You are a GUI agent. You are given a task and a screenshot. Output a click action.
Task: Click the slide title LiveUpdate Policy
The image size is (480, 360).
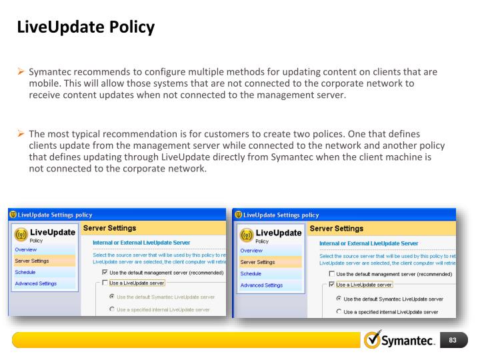[85, 27]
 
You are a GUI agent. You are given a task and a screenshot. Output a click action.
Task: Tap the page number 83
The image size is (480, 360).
[452, 341]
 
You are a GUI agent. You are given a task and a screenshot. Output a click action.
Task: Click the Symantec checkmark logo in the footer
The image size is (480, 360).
[373, 340]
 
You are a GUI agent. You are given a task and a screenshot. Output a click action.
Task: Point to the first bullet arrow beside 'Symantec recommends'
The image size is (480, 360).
[21, 72]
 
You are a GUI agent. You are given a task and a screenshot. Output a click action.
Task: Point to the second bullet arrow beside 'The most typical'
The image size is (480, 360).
[21, 134]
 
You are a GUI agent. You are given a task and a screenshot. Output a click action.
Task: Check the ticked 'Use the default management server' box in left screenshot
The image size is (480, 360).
[105, 272]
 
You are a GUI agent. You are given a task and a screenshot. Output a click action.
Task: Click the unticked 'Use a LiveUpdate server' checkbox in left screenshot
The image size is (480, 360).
[105, 283]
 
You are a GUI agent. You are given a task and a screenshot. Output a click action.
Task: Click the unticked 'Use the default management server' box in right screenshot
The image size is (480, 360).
[331, 274]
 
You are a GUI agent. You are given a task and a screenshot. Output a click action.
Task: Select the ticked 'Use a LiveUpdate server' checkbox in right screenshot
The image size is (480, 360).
[331, 285]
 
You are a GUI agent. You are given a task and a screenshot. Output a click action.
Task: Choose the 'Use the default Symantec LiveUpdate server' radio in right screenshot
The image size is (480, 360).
[339, 299]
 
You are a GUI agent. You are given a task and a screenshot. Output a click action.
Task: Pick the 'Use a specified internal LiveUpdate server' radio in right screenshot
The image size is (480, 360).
[339, 311]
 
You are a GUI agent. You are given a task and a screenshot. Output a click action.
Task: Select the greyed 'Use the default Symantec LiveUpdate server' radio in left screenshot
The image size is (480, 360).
[111, 297]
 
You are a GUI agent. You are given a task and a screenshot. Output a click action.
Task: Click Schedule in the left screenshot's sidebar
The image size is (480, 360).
[25, 272]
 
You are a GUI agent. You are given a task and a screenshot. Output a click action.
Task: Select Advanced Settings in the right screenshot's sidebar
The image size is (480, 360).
[261, 285]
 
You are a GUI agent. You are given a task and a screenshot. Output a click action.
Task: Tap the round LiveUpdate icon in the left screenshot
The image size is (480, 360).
[21, 235]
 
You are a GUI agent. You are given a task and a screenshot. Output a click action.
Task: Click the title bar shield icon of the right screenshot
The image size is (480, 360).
[239, 215]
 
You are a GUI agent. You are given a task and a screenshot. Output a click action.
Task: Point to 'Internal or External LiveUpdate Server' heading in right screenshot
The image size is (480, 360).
[369, 243]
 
